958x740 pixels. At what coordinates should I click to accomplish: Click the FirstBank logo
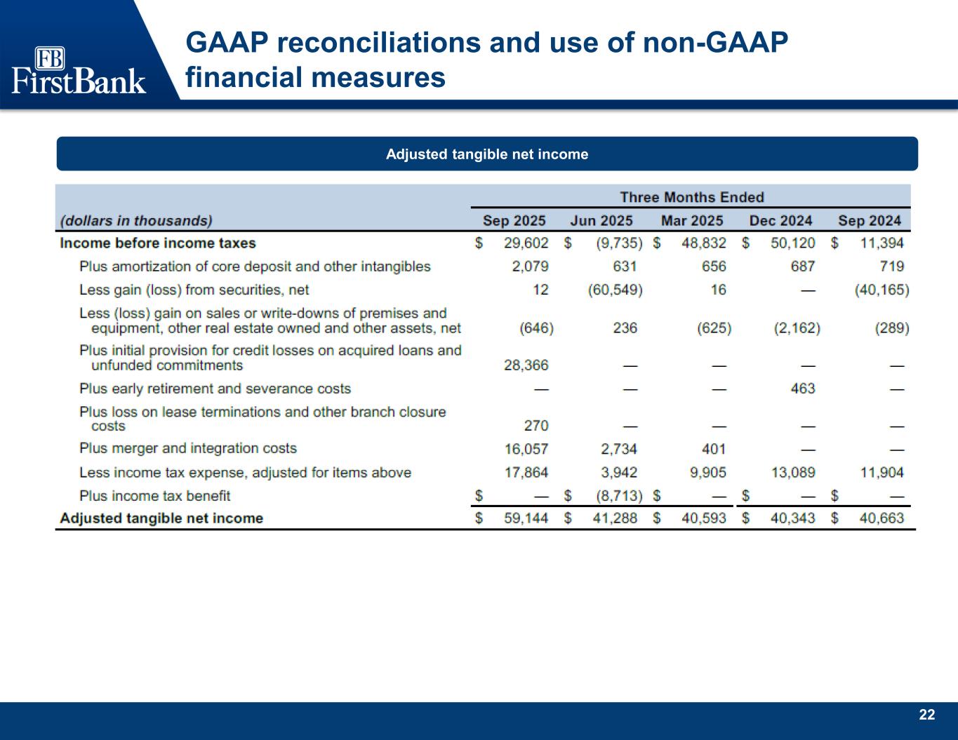coord(79,71)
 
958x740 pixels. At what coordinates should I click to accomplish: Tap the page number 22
coord(927,715)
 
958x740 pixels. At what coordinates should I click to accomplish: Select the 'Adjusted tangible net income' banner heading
coord(487,154)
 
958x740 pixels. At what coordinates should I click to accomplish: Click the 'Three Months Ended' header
coord(691,197)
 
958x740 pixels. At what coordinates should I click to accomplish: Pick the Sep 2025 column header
coord(514,221)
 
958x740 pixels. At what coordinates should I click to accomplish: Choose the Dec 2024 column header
coord(780,221)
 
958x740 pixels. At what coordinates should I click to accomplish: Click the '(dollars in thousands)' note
coord(136,221)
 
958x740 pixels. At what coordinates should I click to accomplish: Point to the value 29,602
coord(526,243)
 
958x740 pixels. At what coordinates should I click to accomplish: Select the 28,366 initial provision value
coord(526,365)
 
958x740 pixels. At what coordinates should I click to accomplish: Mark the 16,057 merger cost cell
coord(526,449)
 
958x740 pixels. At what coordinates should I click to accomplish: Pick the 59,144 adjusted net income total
coord(526,518)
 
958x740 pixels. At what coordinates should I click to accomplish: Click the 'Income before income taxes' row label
coord(158,243)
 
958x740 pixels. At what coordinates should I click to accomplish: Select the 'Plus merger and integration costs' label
coord(188,449)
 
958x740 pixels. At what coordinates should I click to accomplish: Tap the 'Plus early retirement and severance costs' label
coord(215,389)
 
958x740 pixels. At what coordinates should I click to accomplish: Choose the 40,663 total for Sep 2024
coord(882,518)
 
